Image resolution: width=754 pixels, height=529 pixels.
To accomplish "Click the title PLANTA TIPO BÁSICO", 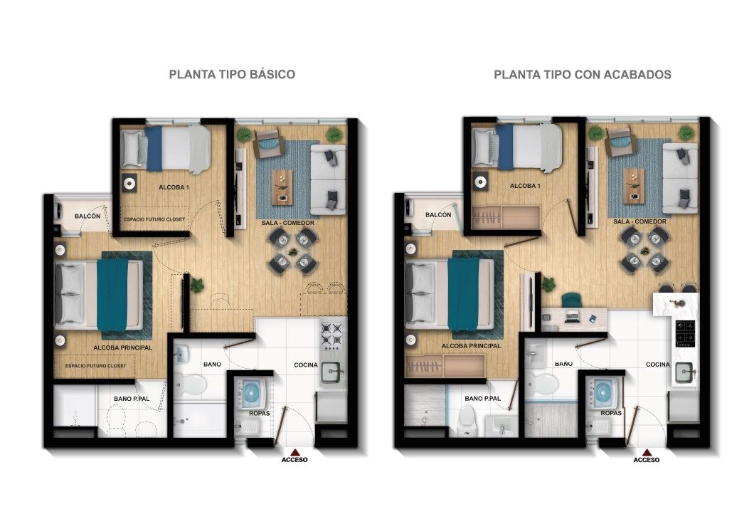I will (x=232, y=74).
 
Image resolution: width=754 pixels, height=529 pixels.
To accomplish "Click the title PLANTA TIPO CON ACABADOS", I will (x=582, y=74).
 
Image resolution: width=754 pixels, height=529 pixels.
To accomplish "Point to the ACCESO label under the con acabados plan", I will (x=646, y=460).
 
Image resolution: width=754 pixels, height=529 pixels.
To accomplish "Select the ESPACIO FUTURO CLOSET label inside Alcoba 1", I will (x=154, y=219).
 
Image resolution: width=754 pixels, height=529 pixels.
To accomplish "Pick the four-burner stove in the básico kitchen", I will (x=332, y=335).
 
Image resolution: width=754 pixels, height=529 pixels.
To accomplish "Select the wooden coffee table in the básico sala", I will (x=284, y=185).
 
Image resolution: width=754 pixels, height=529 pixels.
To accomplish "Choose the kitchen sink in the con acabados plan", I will (x=684, y=371).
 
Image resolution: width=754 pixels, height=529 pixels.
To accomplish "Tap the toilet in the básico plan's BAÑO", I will (x=191, y=385).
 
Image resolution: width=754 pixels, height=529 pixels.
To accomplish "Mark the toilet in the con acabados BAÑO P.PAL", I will (x=467, y=420).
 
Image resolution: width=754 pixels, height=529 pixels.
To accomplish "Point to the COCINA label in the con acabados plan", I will (x=657, y=365).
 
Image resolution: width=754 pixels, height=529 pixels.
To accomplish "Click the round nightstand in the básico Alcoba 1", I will (x=129, y=183).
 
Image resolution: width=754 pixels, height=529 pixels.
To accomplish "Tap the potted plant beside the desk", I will (x=548, y=285).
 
